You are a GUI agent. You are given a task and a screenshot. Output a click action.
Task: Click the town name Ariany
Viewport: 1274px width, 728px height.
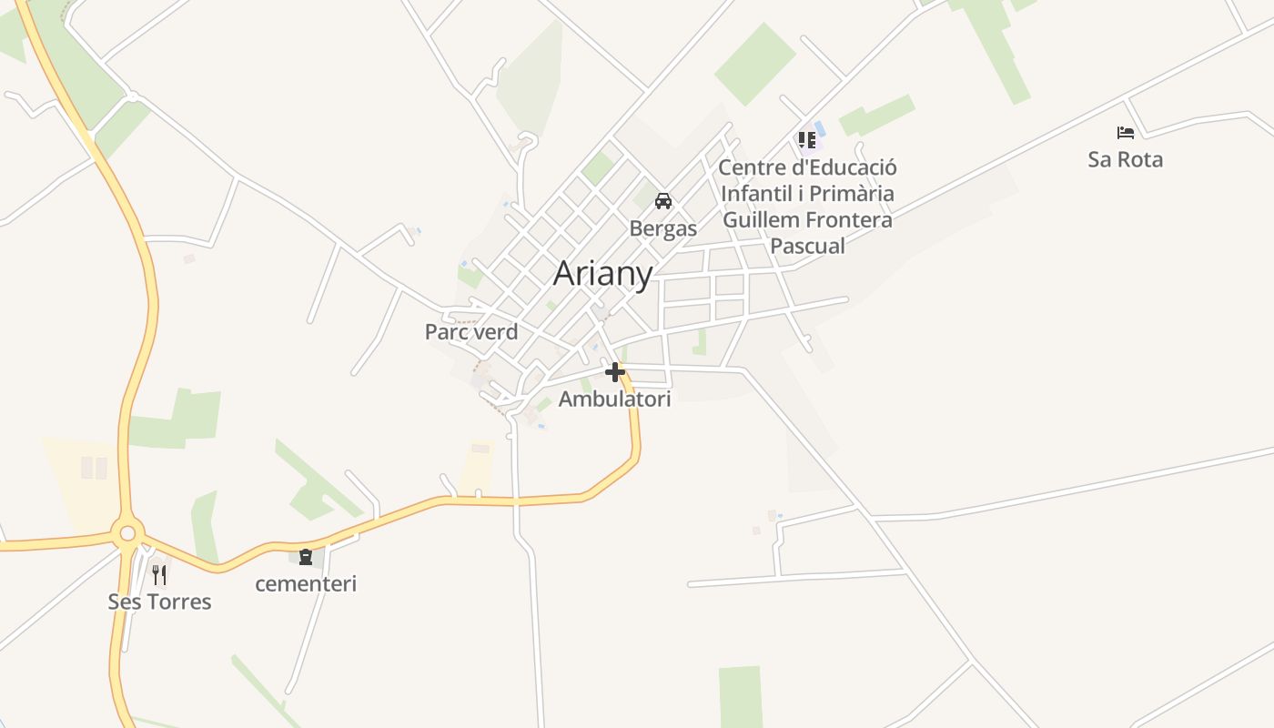(x=602, y=273)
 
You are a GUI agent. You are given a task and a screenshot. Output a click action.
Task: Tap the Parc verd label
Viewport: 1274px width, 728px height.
(x=471, y=332)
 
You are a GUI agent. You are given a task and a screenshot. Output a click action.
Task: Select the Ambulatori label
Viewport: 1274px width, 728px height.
(x=614, y=399)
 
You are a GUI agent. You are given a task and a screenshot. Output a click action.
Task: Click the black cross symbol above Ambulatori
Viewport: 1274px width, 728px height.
(x=615, y=371)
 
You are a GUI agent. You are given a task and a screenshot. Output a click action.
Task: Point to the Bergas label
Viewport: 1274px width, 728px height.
(x=662, y=228)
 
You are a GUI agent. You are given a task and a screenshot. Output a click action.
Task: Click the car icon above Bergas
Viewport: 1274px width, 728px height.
(x=663, y=201)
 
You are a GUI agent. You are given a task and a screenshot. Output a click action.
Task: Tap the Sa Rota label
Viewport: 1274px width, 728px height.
(x=1125, y=159)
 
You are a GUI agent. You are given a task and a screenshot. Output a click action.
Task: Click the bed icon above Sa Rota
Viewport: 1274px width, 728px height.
(x=1126, y=133)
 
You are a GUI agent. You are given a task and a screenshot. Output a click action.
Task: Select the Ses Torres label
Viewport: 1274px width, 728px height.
(x=159, y=602)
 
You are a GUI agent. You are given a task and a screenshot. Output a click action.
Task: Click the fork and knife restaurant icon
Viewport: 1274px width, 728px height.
(x=159, y=574)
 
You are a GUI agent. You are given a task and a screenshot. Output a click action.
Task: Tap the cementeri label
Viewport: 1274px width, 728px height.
(x=306, y=583)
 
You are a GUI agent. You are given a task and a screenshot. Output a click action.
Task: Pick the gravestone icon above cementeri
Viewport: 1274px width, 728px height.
(x=306, y=556)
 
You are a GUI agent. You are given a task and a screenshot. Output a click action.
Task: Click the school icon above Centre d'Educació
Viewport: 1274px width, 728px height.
(x=807, y=140)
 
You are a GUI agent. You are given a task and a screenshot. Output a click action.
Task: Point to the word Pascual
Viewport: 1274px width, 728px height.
(x=807, y=246)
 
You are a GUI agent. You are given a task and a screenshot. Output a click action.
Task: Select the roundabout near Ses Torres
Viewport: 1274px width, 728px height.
(x=127, y=533)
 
